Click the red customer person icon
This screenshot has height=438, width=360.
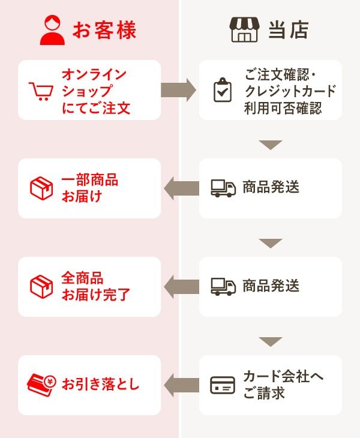pyautogui.click(x=52, y=31)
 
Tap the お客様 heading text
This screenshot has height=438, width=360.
pyautogui.click(x=104, y=31)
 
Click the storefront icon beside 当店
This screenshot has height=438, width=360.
pyautogui.click(x=244, y=30)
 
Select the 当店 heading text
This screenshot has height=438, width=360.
pyautogui.click(x=288, y=31)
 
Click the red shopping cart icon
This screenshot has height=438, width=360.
pyautogui.click(x=41, y=91)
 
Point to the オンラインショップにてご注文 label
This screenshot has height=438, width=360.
pyautogui.click(x=95, y=91)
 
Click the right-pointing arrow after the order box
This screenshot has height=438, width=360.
pyautogui.click(x=179, y=90)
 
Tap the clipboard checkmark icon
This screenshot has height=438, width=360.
pyautogui.click(x=223, y=90)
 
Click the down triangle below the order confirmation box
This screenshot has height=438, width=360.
pyautogui.click(x=271, y=145)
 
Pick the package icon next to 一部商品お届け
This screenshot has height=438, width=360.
pyautogui.click(x=41, y=188)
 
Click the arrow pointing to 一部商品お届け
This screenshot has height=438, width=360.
pyautogui.click(x=181, y=188)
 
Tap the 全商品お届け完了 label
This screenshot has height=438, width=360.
pyautogui.click(x=95, y=287)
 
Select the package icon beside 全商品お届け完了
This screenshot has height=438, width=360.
pyautogui.click(x=41, y=287)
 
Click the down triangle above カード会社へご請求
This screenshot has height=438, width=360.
pyautogui.click(x=271, y=341)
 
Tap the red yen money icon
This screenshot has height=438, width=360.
pyautogui.click(x=41, y=385)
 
